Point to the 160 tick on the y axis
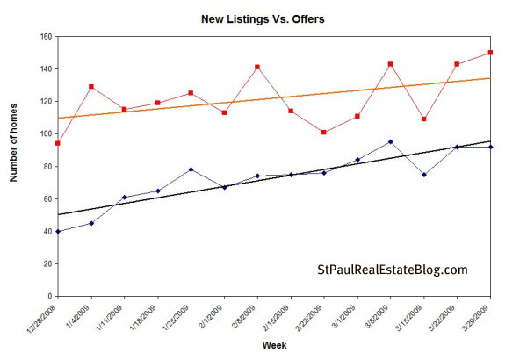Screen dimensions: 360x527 coord(44,37)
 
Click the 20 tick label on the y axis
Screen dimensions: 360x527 coord(47,263)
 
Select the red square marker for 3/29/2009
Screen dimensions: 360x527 coord(490,53)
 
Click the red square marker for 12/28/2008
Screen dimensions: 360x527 coord(58,143)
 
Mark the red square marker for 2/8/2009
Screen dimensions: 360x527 coord(257,67)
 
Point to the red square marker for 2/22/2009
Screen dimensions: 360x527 coord(324,132)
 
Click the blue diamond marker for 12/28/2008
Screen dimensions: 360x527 coord(58,231)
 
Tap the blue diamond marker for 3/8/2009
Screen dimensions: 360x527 coord(390,141)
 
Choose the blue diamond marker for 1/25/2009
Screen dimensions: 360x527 coord(191,169)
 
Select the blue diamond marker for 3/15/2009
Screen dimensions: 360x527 coord(423,175)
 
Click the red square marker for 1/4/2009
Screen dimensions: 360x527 coord(91,87)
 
